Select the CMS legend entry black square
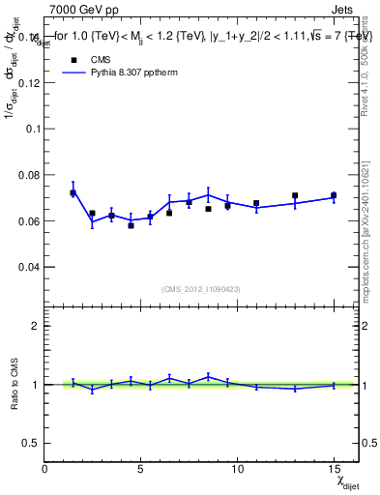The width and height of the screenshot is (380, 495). coord(72,58)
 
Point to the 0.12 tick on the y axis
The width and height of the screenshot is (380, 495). coord(32,82)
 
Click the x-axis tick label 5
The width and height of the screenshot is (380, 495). coord(141,469)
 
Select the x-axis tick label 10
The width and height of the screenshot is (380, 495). coord(237,469)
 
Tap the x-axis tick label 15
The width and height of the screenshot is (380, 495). coord(333,469)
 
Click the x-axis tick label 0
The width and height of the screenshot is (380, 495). coord(45,469)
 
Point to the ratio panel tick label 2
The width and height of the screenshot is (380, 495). coord(36,326)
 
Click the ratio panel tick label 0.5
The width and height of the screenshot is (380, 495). coord(32,443)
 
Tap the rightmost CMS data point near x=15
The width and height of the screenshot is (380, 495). coord(334,195)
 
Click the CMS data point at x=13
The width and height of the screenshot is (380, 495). coord(295,195)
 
